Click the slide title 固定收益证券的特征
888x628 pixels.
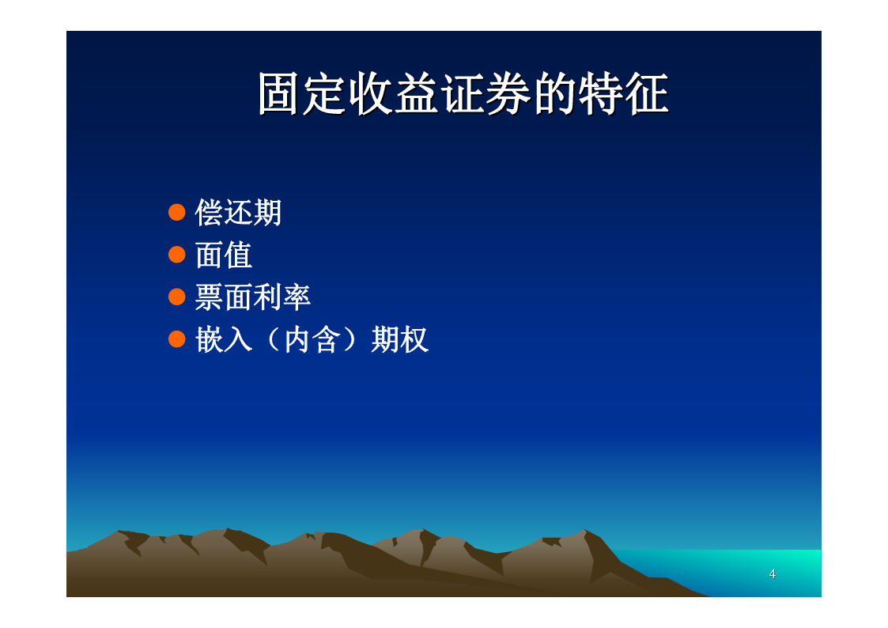[x=464, y=93]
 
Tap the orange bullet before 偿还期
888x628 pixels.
[x=177, y=212]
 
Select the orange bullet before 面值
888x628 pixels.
[x=177, y=254]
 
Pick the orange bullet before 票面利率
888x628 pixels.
[x=177, y=297]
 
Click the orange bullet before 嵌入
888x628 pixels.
[x=177, y=339]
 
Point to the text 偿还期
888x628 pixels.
[x=239, y=213]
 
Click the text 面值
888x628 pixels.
[x=224, y=255]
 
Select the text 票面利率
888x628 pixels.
[x=253, y=297]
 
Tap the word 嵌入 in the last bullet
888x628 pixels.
[x=224, y=340]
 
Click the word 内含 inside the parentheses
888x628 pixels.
[x=312, y=340]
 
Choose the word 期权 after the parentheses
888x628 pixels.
[x=400, y=340]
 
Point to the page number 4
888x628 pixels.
[x=772, y=573]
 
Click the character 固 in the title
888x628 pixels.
[x=278, y=93]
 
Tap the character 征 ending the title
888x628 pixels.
[x=648, y=93]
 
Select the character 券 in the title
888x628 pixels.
[x=509, y=93]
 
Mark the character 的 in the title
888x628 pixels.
[x=556, y=93]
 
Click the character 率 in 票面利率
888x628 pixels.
[x=297, y=297]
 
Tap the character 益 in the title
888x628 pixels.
[x=416, y=93]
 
